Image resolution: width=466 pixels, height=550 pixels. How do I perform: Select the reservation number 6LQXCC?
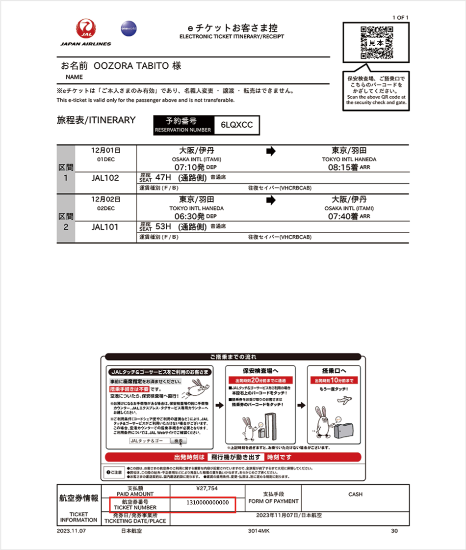pyautogui.click(x=236, y=125)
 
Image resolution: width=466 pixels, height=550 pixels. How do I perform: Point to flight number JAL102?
pyautogui.click(x=105, y=178)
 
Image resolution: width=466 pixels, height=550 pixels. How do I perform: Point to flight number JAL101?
pyautogui.click(x=105, y=227)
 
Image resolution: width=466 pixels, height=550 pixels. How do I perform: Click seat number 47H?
pyautogui.click(x=162, y=177)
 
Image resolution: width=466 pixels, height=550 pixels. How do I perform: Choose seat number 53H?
pyautogui.click(x=162, y=226)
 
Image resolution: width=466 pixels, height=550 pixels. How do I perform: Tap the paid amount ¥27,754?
pyautogui.click(x=207, y=489)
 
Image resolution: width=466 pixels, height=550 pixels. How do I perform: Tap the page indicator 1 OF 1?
pyautogui.click(x=400, y=18)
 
